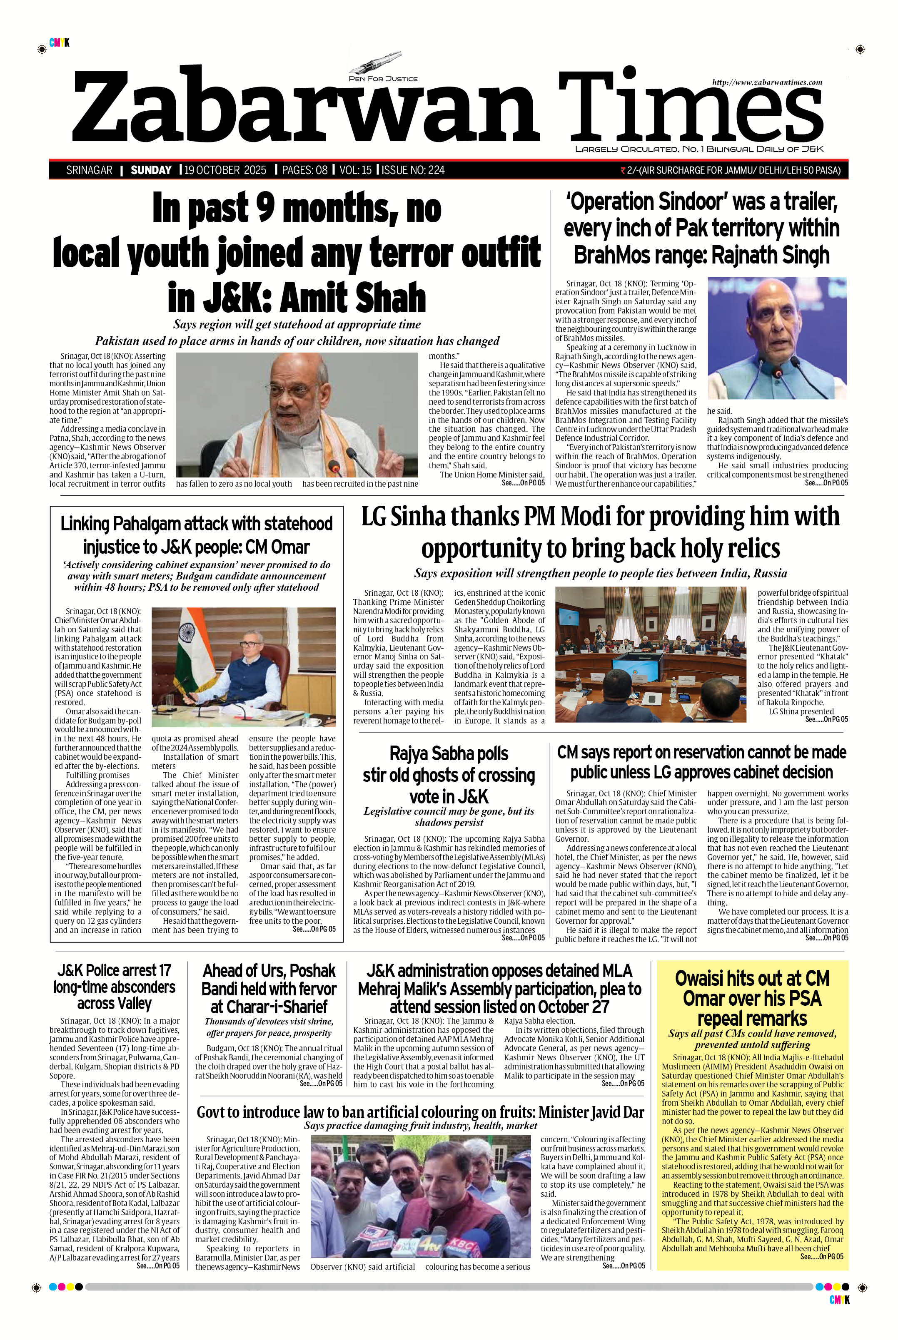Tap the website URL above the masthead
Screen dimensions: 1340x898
pos(767,82)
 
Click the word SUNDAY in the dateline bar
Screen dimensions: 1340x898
pos(151,170)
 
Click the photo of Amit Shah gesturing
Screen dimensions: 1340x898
pos(297,415)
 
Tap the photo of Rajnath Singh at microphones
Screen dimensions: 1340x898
pos(776,338)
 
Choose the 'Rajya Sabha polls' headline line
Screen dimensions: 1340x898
pos(449,754)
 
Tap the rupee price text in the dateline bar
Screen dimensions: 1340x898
pos(731,170)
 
